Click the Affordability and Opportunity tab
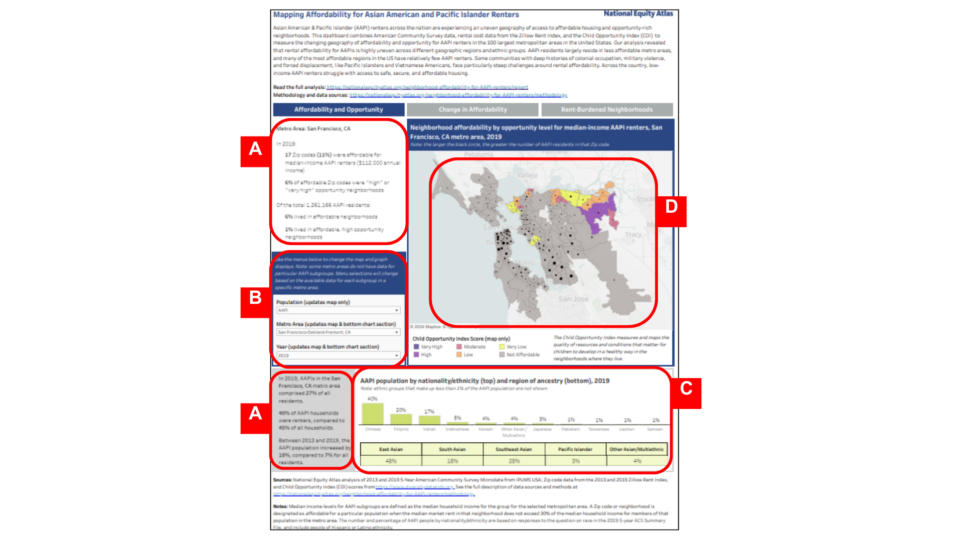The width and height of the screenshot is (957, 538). pyautogui.click(x=338, y=110)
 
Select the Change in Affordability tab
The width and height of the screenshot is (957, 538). pyautogui.click(x=473, y=110)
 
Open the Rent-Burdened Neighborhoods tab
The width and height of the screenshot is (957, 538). pyautogui.click(x=607, y=110)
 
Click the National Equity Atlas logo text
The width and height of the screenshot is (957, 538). pyautogui.click(x=638, y=13)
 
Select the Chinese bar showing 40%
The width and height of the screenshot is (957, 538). pyautogui.click(x=372, y=413)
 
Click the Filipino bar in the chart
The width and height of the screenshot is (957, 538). pyautogui.click(x=401, y=419)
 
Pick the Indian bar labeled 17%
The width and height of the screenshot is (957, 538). pyautogui.click(x=429, y=420)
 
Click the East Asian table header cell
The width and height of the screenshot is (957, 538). pyautogui.click(x=391, y=449)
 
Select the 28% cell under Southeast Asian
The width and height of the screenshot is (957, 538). pyautogui.click(x=514, y=461)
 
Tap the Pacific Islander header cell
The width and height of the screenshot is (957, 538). pyautogui.click(x=575, y=449)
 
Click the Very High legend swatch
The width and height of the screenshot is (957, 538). pyautogui.click(x=417, y=347)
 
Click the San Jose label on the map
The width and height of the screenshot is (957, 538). pyautogui.click(x=573, y=299)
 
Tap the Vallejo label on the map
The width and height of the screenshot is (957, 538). pyautogui.click(x=527, y=175)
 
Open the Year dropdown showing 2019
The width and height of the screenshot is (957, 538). pyautogui.click(x=338, y=355)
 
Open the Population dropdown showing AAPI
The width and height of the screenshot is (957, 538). pyautogui.click(x=338, y=310)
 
